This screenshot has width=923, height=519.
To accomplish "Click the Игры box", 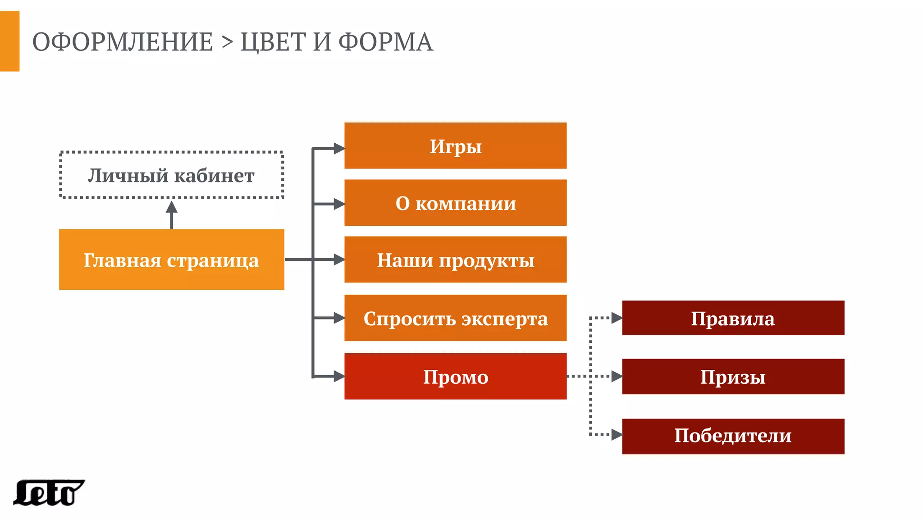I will (x=455, y=146).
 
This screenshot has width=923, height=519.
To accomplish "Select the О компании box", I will (x=455, y=203).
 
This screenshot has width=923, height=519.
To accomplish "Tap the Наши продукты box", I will (x=455, y=260).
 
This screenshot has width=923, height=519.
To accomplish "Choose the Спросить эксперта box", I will (x=455, y=318).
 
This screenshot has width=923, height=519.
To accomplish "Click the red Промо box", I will (x=455, y=377).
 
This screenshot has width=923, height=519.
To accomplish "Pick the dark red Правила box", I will (x=733, y=318).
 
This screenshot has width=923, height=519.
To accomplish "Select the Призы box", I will (x=733, y=377).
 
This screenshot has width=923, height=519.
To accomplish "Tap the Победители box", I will (x=733, y=436).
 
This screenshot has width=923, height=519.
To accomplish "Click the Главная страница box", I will (x=171, y=259).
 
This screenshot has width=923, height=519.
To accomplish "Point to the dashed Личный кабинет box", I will (x=171, y=175).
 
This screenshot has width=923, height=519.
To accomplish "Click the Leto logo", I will (x=48, y=493).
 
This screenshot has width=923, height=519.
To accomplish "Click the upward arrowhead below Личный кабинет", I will (x=171, y=208).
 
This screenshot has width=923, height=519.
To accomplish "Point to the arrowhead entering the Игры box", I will (x=339, y=148).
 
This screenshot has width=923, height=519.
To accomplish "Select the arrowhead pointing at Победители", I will (x=617, y=435).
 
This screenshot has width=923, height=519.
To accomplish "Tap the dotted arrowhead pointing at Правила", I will (x=617, y=318).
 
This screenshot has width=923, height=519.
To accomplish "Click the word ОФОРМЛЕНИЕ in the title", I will (x=123, y=42).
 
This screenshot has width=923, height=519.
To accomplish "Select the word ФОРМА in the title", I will (x=385, y=42).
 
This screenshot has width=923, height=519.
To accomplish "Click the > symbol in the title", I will (x=227, y=42).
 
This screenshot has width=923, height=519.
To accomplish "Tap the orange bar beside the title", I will (x=9, y=41).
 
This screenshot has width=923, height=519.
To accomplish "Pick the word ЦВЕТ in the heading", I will (x=273, y=42).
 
